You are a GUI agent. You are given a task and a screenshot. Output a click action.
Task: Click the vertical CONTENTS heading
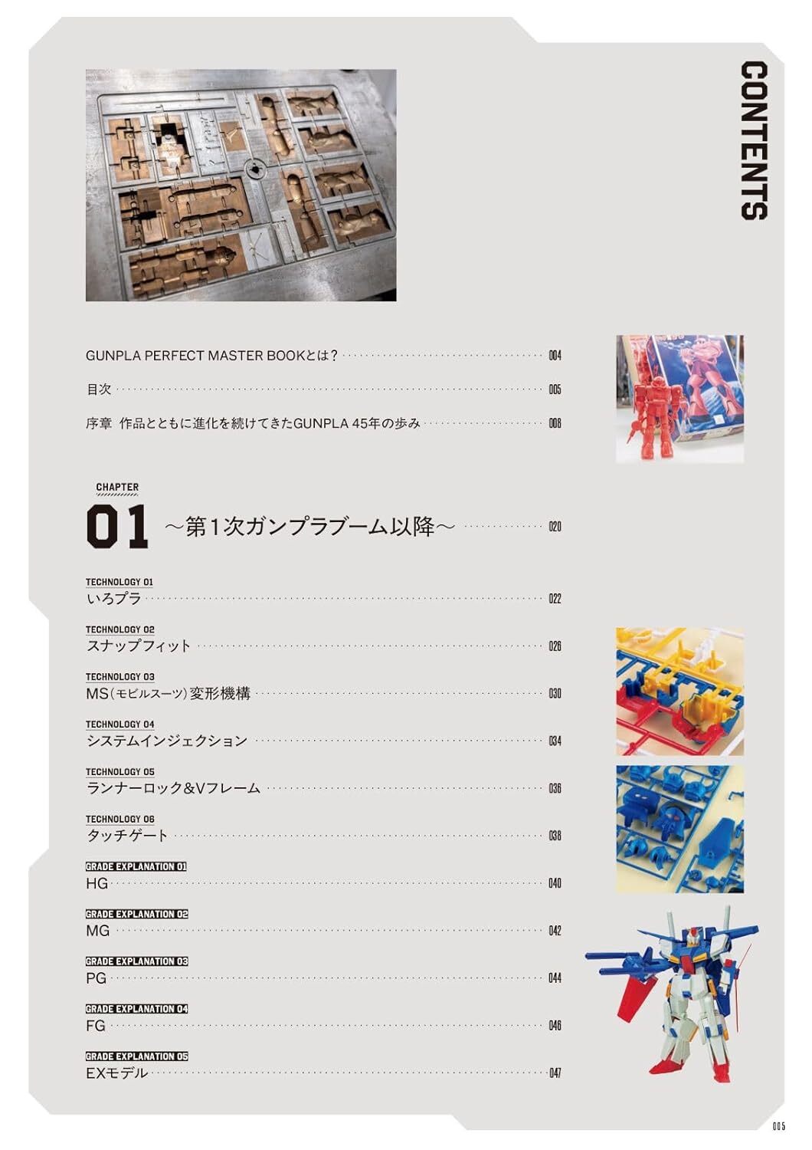(x=754, y=140)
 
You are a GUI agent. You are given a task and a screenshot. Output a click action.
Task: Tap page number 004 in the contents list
(x=555, y=355)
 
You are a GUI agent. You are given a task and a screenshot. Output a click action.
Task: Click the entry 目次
(x=99, y=389)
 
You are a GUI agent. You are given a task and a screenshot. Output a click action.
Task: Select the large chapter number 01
(x=117, y=527)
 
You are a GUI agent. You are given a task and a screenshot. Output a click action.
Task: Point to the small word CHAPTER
(x=117, y=487)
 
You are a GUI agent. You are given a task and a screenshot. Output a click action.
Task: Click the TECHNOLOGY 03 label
(x=120, y=677)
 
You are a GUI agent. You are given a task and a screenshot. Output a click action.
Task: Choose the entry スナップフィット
(x=139, y=646)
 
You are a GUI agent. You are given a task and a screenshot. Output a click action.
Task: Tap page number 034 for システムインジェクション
(x=555, y=741)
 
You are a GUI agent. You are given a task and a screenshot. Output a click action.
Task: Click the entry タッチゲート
(x=127, y=836)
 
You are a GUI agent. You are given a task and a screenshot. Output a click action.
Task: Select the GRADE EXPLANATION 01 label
(x=136, y=866)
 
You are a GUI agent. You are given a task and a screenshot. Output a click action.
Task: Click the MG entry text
(x=97, y=931)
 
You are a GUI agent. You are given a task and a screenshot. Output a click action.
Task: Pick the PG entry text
(x=96, y=978)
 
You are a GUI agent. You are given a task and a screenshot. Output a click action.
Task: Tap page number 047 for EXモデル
(x=555, y=1073)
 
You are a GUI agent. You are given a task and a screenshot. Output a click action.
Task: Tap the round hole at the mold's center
(x=254, y=169)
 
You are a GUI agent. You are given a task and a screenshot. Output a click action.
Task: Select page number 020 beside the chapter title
(x=555, y=527)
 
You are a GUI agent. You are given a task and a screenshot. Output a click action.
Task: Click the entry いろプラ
(x=113, y=599)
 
